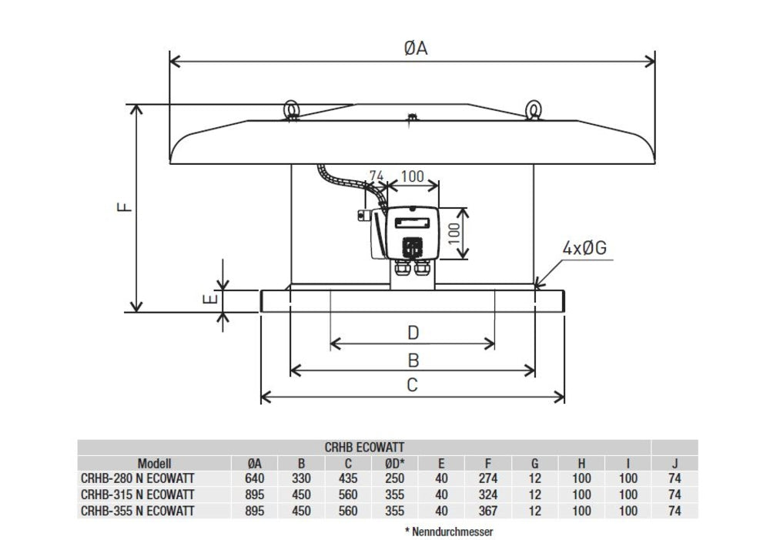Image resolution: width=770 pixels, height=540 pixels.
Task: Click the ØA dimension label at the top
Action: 415,49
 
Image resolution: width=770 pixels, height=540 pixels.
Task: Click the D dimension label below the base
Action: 413,333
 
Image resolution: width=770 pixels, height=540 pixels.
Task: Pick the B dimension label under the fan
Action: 413,359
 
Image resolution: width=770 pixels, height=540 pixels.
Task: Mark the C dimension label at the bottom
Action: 413,385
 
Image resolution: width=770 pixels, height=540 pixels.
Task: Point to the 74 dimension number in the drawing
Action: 376,176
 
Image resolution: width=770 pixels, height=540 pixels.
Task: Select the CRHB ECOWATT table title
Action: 366,447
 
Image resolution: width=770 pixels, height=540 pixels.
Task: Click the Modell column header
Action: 155,464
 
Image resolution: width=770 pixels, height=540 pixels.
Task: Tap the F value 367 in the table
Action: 488,510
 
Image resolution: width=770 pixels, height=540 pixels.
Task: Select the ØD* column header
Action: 394,464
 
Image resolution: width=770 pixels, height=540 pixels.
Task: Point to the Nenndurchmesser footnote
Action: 448,532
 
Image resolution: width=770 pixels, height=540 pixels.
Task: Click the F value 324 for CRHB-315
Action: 488,495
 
